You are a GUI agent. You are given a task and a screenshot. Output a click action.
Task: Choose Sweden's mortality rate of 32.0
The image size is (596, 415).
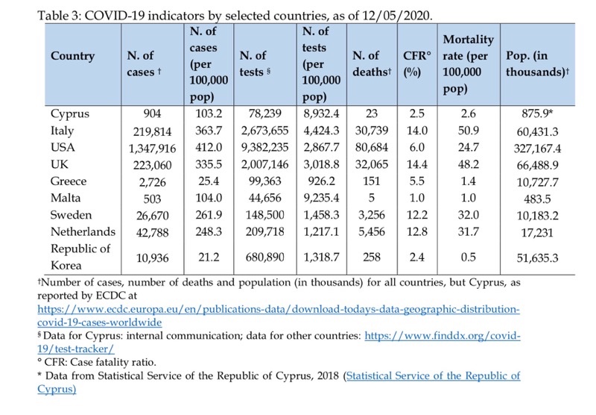coord(469,215)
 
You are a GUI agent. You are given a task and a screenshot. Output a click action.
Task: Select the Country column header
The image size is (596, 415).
coord(73,56)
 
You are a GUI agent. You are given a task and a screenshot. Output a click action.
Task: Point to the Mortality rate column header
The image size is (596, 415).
coord(469,65)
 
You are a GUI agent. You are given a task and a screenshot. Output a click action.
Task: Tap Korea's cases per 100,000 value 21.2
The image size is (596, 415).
coord(202,257)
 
